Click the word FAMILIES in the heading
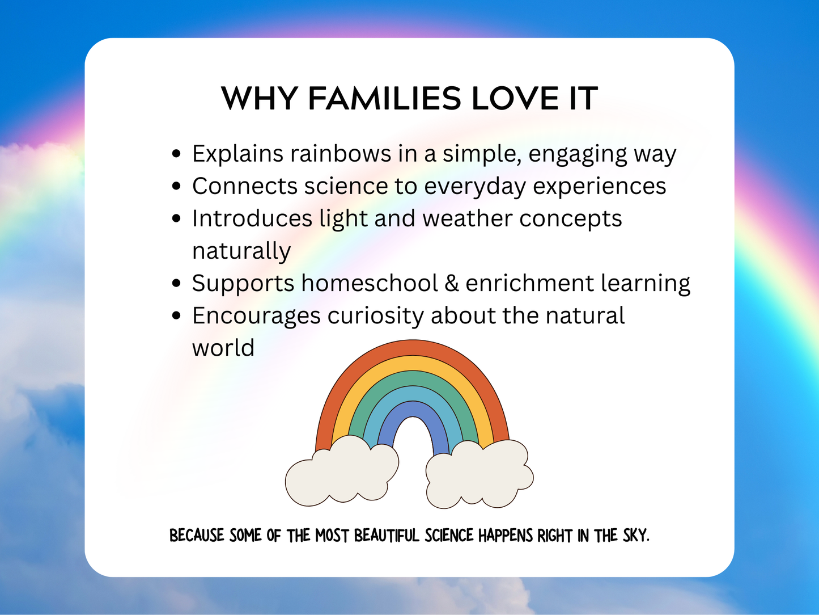pos(384,99)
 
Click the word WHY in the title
pos(259,99)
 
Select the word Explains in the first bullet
pos(237,154)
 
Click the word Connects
pos(244,186)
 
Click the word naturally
pos(241,251)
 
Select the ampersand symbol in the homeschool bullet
pos(452,283)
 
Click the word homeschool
pos(370,283)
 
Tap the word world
pos(223,348)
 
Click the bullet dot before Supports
pos(177,283)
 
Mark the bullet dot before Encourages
pos(177,315)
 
